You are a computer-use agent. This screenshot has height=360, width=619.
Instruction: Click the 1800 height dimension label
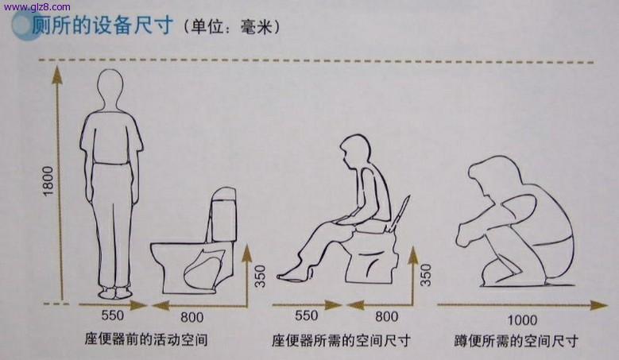click(x=48, y=181)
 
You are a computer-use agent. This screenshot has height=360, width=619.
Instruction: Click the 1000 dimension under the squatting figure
click(x=522, y=319)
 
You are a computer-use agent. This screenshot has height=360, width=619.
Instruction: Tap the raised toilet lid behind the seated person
click(x=399, y=213)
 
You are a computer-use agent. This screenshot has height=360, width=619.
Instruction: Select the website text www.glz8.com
click(x=37, y=6)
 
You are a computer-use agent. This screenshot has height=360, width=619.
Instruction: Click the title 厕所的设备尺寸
click(x=102, y=25)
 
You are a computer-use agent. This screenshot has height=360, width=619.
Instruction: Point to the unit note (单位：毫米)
click(x=231, y=27)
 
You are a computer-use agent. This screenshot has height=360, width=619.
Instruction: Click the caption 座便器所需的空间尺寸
click(x=341, y=340)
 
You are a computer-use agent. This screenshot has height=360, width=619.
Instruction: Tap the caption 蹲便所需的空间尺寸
click(x=516, y=341)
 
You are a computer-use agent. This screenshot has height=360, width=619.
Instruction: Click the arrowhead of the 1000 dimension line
click(x=599, y=304)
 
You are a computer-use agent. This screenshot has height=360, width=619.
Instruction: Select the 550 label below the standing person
click(x=113, y=315)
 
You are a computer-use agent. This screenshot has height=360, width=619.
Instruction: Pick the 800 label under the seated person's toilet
click(x=386, y=316)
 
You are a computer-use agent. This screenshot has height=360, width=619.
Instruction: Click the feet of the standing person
click(x=115, y=292)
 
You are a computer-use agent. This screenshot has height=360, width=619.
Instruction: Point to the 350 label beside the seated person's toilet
click(x=426, y=275)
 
